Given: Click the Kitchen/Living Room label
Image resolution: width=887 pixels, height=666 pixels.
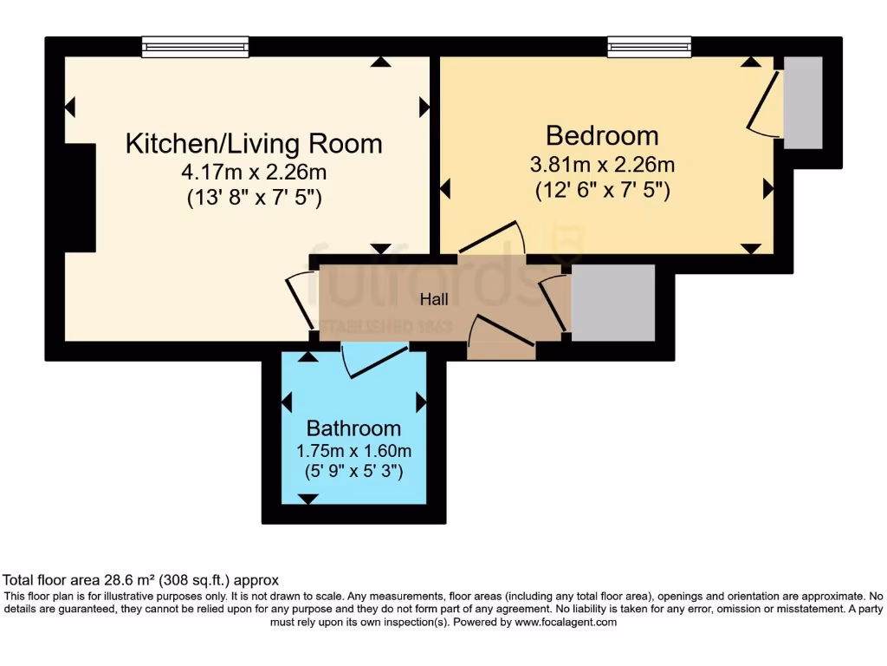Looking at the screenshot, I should pyautogui.click(x=254, y=143).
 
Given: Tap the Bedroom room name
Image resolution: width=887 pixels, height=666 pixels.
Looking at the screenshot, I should pyautogui.click(x=601, y=135).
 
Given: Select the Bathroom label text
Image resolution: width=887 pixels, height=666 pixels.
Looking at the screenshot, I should pyautogui.click(x=353, y=428).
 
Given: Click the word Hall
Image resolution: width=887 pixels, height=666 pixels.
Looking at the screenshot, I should pyautogui.click(x=434, y=299).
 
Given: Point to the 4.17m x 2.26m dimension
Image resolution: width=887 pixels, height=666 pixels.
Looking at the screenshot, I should pyautogui.click(x=254, y=172).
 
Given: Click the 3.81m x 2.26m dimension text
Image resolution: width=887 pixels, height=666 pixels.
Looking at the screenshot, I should pyautogui.click(x=601, y=164).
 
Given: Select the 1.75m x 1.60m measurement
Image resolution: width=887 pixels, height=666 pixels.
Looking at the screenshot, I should pyautogui.click(x=353, y=451).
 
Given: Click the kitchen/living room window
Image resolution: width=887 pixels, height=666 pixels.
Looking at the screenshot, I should pyautogui.click(x=195, y=47).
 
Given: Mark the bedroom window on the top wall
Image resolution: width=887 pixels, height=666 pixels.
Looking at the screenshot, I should pyautogui.click(x=649, y=47).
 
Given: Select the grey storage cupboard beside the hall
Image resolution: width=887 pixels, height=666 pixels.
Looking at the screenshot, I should pyautogui.click(x=613, y=303).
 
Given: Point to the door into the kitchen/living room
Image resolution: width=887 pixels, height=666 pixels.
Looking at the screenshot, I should pyautogui.click(x=301, y=299).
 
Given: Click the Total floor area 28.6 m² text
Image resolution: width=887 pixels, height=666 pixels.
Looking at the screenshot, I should pyautogui.click(x=141, y=580).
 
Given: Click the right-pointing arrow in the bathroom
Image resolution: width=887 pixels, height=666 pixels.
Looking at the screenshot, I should pyautogui.click(x=421, y=402).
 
